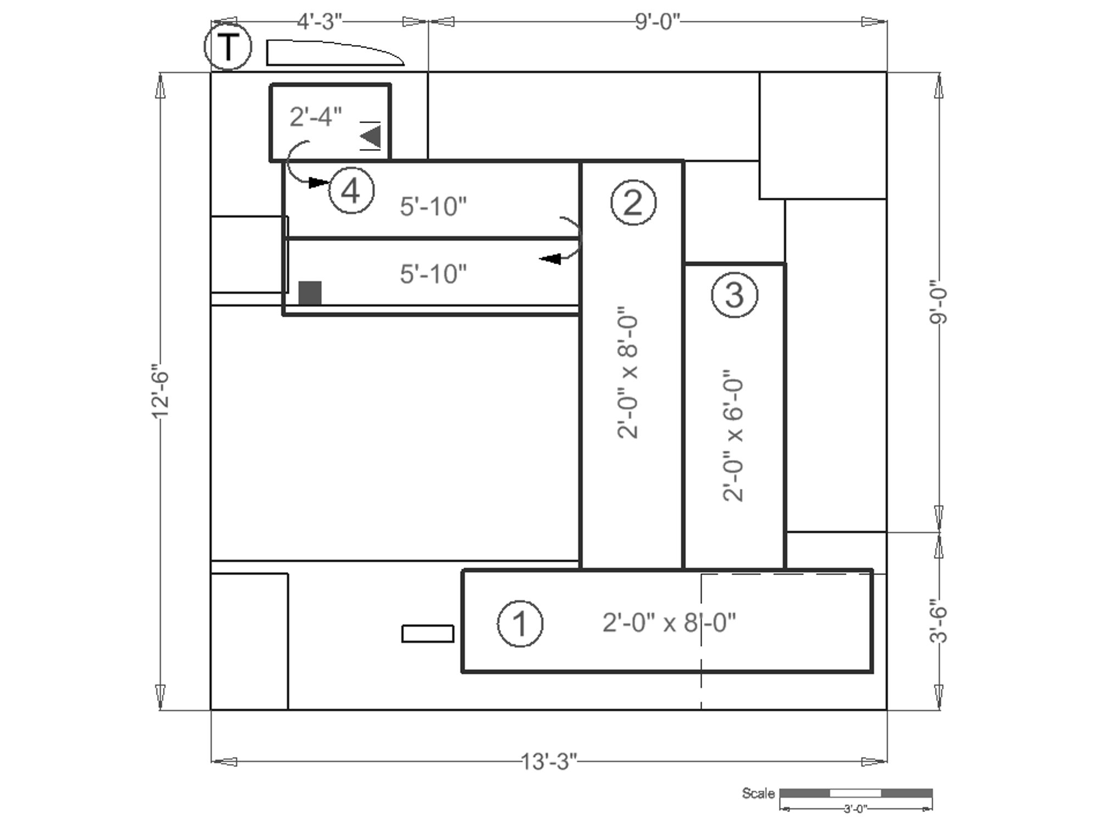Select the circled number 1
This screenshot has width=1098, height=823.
(520, 624)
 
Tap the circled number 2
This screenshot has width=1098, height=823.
(633, 203)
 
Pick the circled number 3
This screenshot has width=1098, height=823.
(735, 295)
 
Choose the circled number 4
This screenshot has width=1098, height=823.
(351, 191)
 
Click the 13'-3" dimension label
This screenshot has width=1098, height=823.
(549, 762)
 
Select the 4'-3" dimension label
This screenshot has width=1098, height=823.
(320, 21)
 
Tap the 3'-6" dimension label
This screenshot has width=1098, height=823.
(939, 620)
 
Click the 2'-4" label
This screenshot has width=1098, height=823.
(316, 117)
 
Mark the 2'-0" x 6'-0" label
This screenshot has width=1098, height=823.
(733, 435)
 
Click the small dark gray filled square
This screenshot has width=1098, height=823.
(310, 293)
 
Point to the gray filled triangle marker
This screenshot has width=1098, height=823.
(371, 136)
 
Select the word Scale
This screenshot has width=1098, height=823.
(758, 793)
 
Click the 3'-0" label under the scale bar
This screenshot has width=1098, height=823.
(855, 808)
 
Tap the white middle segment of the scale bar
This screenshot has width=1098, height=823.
(855, 793)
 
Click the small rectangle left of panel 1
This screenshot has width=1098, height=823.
(428, 634)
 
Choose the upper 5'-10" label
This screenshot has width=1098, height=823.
(433, 207)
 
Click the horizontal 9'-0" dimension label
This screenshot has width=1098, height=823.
(658, 21)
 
